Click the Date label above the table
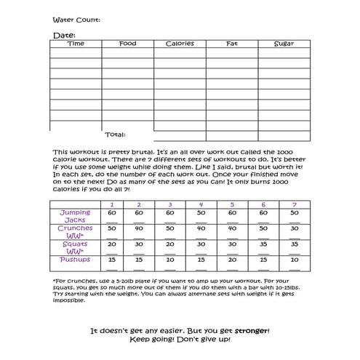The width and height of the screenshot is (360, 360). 63,35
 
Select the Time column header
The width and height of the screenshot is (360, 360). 75,44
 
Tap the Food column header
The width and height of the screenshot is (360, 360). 127,44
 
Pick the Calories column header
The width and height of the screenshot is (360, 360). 179,44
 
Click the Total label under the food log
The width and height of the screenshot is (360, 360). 115,135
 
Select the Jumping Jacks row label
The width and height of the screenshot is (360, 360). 75,216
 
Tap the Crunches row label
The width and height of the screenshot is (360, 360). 75,232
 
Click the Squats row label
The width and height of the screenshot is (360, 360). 75,248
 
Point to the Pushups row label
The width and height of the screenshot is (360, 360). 75,260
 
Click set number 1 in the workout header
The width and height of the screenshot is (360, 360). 111,204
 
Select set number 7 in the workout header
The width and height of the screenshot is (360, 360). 294,204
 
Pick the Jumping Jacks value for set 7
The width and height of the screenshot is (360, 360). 294,213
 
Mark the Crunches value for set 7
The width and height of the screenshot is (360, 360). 294,228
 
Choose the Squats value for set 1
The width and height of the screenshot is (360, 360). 111,244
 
